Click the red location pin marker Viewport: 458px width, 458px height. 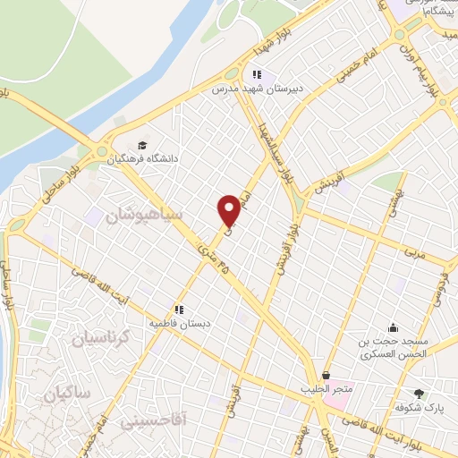229,209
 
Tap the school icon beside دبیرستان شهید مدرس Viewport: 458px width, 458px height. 257,75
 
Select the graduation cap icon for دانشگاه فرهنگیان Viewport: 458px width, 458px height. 142,145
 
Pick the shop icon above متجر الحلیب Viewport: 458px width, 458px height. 326,375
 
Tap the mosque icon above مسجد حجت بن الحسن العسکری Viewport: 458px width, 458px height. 393,327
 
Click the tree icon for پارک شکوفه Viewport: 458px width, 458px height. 419,394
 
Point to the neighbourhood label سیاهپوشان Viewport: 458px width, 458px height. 143,216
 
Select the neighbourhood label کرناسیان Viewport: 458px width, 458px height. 100,339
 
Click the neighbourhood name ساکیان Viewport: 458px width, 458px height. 71,393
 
